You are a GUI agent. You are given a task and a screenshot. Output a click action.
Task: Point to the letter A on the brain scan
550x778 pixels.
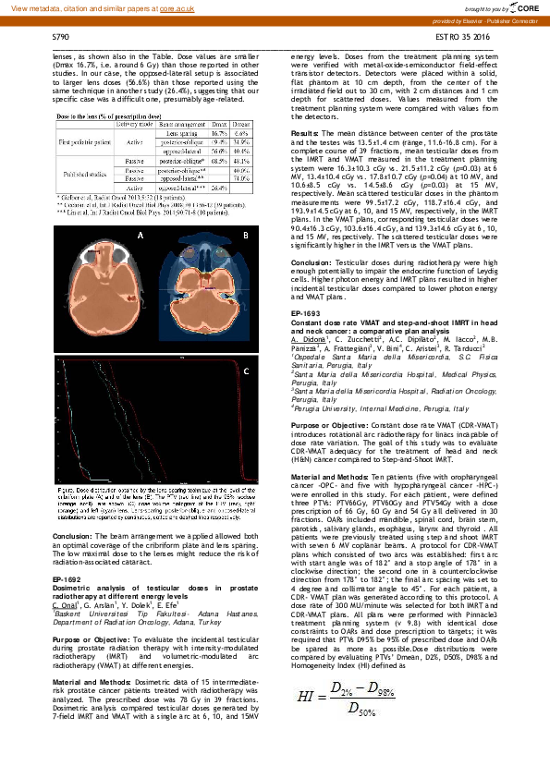(x=141, y=236)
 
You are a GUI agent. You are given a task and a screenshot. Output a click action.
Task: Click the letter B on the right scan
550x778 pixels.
(x=245, y=236)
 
